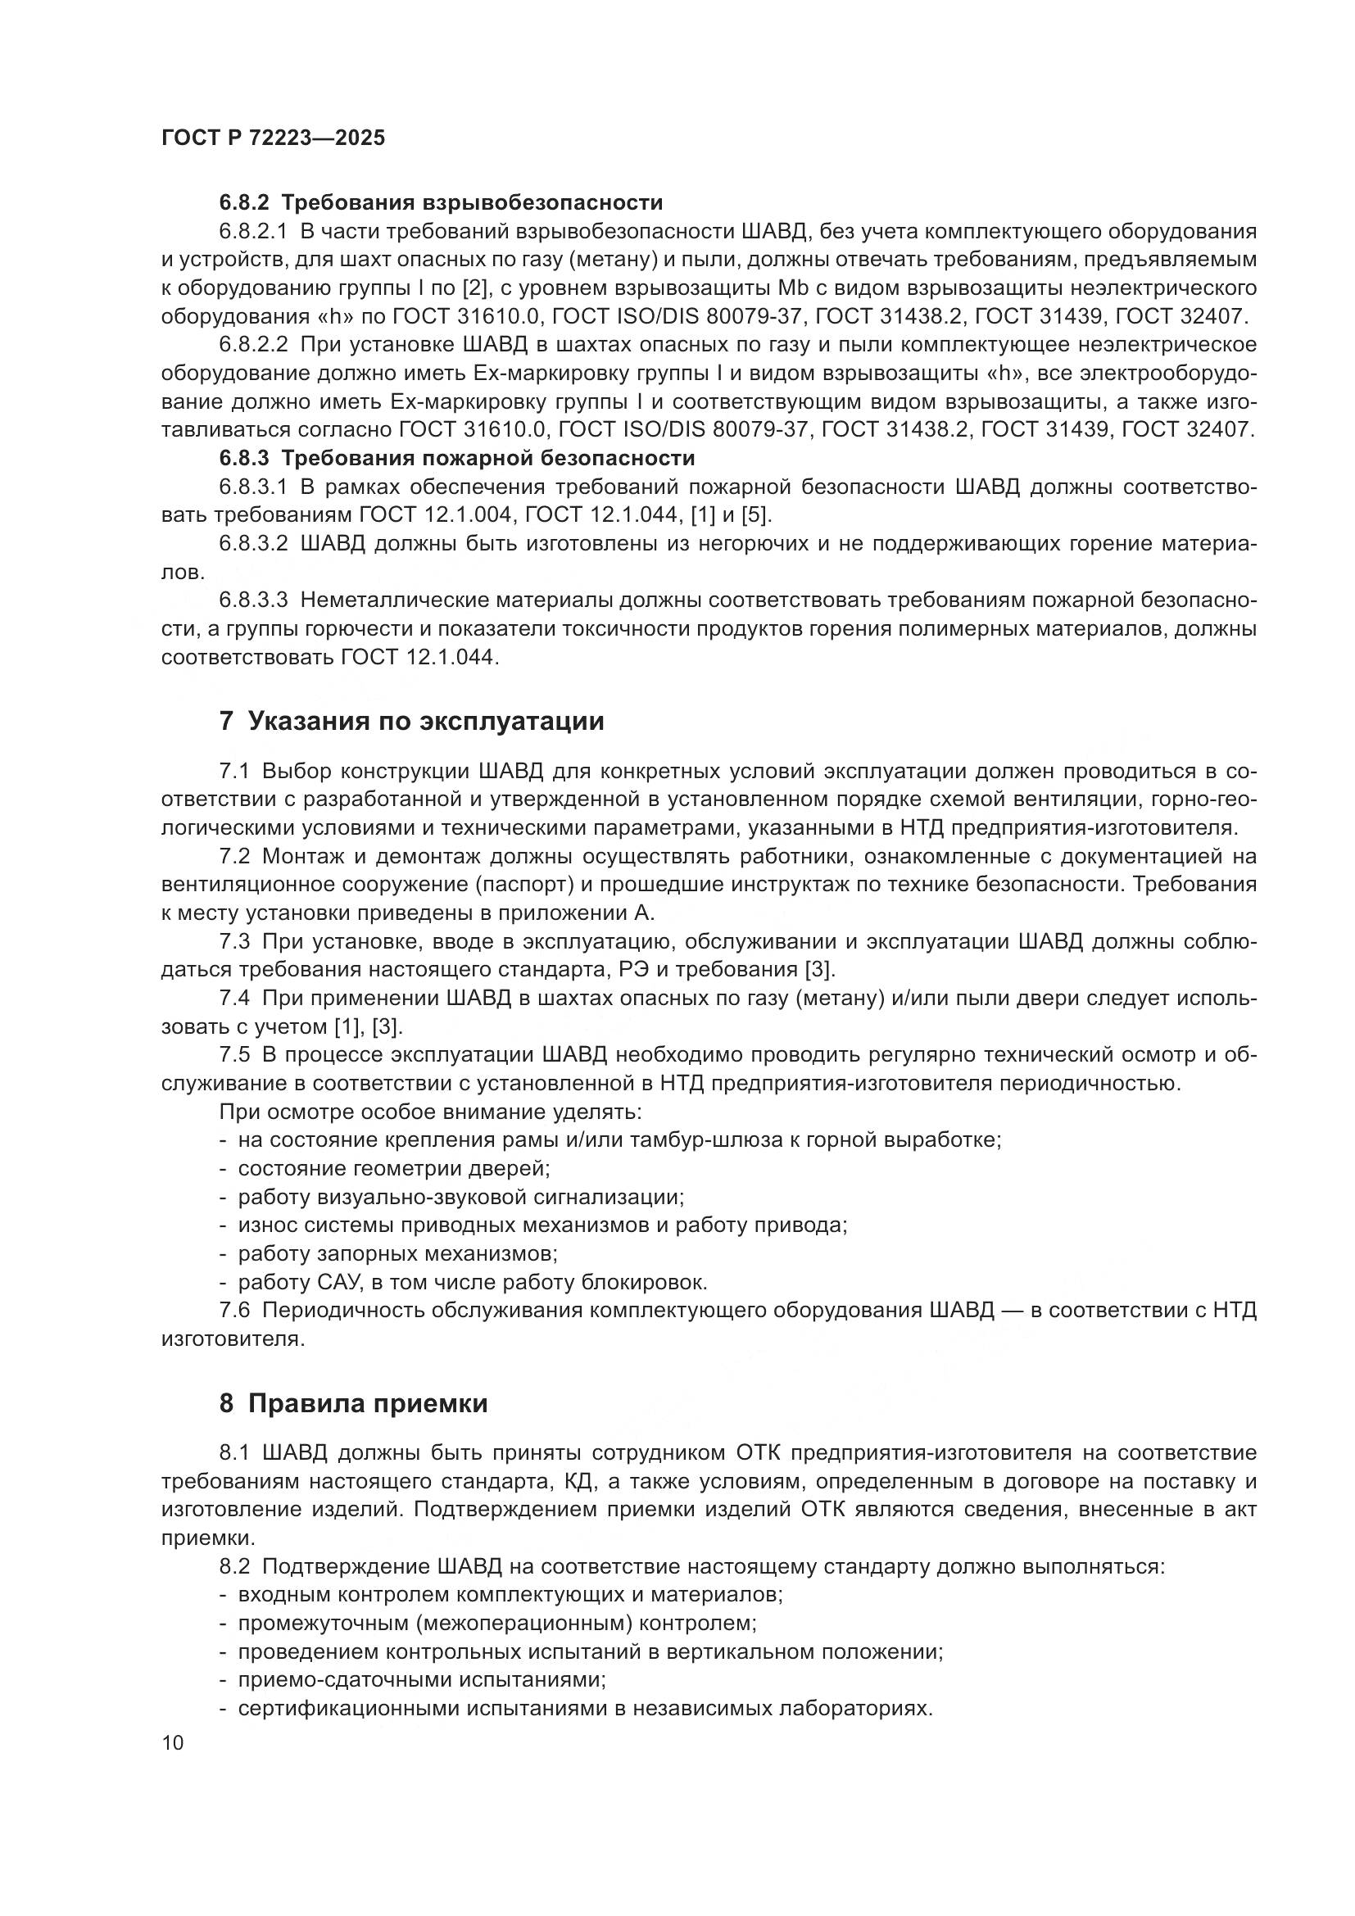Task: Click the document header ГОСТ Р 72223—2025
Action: pyautogui.click(x=273, y=138)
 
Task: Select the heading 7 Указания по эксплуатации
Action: pyautogui.click(x=411, y=721)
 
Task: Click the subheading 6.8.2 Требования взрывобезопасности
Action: pyautogui.click(x=441, y=203)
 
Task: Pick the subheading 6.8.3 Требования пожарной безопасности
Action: pyautogui.click(x=456, y=458)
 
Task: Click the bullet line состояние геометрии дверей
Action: pyautogui.click(x=394, y=1168)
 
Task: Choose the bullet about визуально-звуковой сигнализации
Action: pyautogui.click(x=460, y=1197)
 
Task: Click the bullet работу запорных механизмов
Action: pyautogui.click(x=398, y=1253)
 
